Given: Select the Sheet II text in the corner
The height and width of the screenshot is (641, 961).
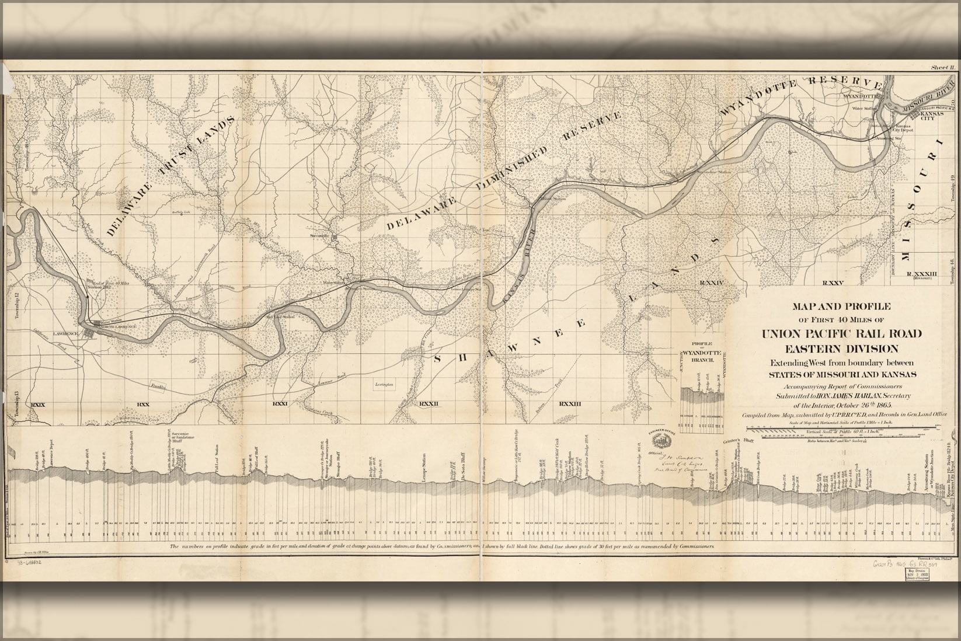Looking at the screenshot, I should point(942,68).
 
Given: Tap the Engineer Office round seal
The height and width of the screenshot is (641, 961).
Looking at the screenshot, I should point(657,438).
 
